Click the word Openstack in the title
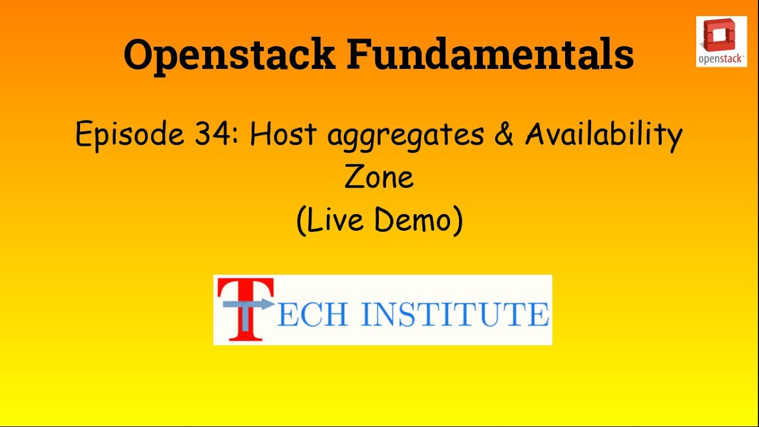[x=229, y=56]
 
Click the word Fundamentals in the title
[x=490, y=53]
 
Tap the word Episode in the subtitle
[x=130, y=134]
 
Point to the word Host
[x=283, y=133]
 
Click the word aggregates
[x=406, y=136]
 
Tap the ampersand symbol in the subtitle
[x=504, y=133]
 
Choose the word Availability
[x=604, y=135]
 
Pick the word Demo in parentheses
[x=413, y=219]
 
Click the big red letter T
[x=245, y=310]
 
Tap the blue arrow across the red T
[x=248, y=304]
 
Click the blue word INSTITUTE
[x=455, y=315]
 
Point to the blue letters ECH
[x=312, y=315]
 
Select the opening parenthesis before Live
[x=301, y=221]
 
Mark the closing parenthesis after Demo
[x=458, y=221]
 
